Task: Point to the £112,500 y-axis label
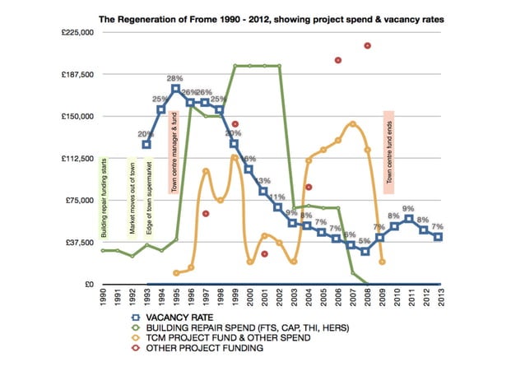[74, 158]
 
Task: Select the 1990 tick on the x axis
[103, 297]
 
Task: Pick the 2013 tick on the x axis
[439, 297]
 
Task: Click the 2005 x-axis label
[323, 297]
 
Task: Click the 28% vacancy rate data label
[175, 79]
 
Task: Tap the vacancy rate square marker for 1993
[146, 145]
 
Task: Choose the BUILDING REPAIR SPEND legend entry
[235, 327]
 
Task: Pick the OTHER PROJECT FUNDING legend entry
[206, 349]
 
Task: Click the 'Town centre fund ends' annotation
[389, 148]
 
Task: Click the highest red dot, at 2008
[367, 46]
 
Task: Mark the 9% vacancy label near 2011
[409, 210]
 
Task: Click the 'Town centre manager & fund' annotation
[174, 152]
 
